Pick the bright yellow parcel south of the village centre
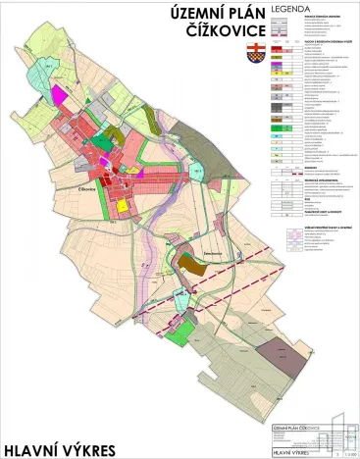[123, 206]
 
